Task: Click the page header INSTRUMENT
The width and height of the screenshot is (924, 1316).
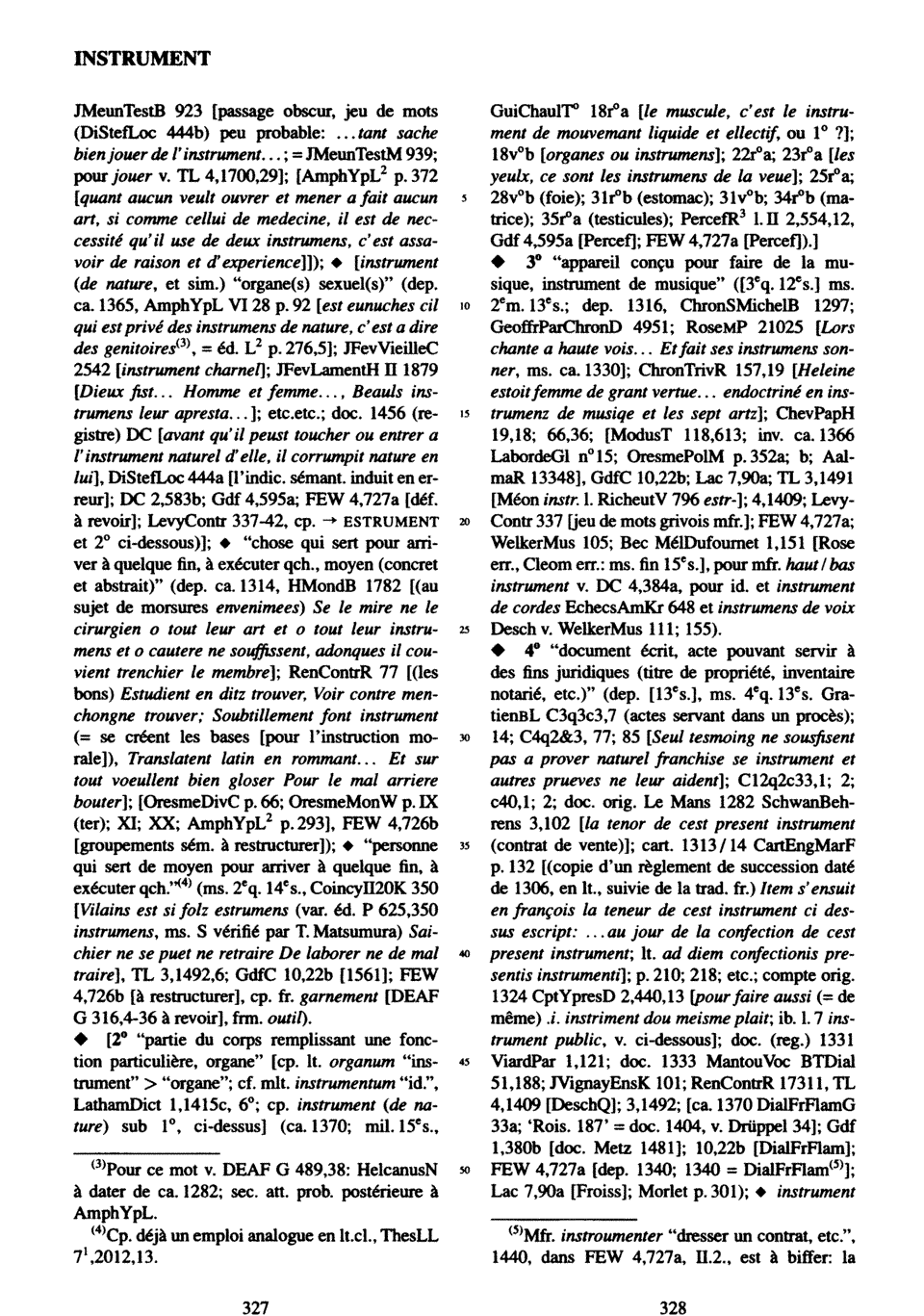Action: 141,59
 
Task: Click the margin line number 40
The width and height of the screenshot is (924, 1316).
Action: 465,952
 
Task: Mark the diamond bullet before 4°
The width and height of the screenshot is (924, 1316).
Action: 497,652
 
